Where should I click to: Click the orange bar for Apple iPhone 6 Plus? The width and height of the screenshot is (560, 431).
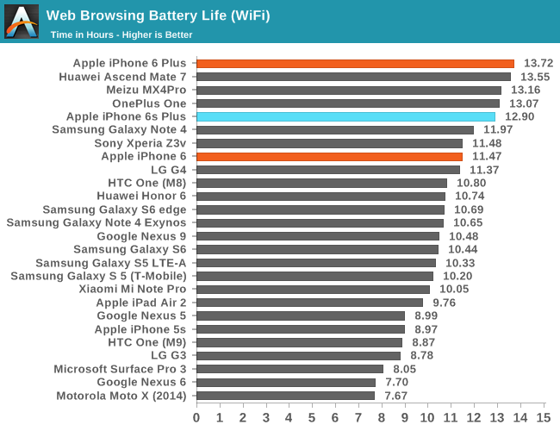(x=355, y=64)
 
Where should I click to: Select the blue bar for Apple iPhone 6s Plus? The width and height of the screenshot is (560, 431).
(x=345, y=116)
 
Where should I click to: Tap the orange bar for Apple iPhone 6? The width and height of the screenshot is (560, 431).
(x=329, y=156)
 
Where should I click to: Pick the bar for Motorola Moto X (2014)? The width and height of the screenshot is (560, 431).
(x=285, y=396)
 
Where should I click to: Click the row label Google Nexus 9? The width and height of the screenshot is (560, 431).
(x=141, y=236)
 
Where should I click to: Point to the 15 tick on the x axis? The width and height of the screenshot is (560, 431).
(x=543, y=417)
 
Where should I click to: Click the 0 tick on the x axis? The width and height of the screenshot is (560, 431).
(x=196, y=417)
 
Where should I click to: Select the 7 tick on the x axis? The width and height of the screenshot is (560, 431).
(x=358, y=417)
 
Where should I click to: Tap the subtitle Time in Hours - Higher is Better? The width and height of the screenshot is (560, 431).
(x=121, y=34)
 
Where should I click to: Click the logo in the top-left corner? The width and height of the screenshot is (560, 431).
(x=22, y=22)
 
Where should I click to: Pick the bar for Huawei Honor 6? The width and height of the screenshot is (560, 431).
(x=320, y=197)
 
